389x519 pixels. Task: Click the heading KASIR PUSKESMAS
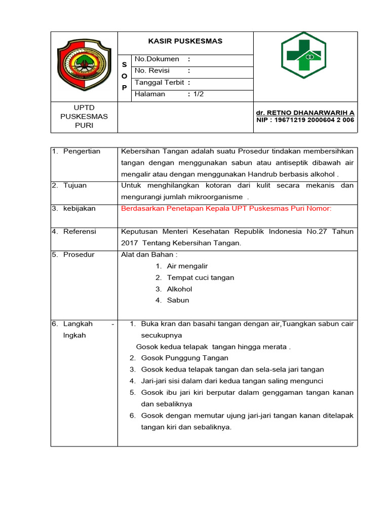185,41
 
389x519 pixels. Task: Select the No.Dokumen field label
157,59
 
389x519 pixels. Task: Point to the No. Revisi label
152,70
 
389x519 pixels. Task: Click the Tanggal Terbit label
159,83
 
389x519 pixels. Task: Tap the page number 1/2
199,94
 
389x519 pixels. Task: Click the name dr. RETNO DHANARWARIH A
305,112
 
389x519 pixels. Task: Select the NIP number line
305,120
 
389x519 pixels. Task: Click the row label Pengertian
82,151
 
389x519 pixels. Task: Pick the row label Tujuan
74,186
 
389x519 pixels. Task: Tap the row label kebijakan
79,208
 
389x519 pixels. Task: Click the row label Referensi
79,232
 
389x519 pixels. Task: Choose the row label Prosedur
79,254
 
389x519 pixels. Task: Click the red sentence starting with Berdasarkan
226,208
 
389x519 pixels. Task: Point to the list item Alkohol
179,289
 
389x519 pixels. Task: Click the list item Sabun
178,300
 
